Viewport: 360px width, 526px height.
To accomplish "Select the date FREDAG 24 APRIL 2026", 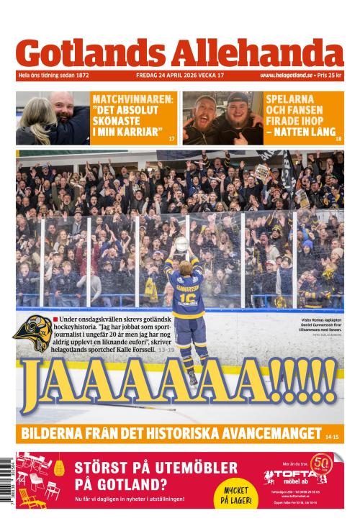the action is tap(166, 76).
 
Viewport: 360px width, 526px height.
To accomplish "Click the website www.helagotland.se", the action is tap(287, 76).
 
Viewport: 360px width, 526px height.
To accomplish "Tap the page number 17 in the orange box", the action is tap(171, 137).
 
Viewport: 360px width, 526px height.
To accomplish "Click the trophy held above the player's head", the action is tap(181, 245).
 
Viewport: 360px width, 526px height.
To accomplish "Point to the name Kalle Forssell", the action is tap(155, 350).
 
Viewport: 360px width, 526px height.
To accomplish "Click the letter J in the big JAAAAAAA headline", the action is tap(36, 393).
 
